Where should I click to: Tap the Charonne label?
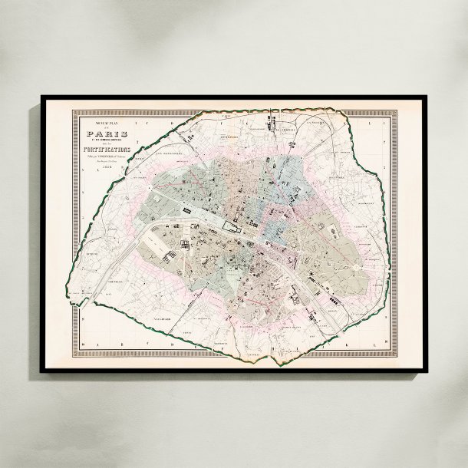(367, 253)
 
